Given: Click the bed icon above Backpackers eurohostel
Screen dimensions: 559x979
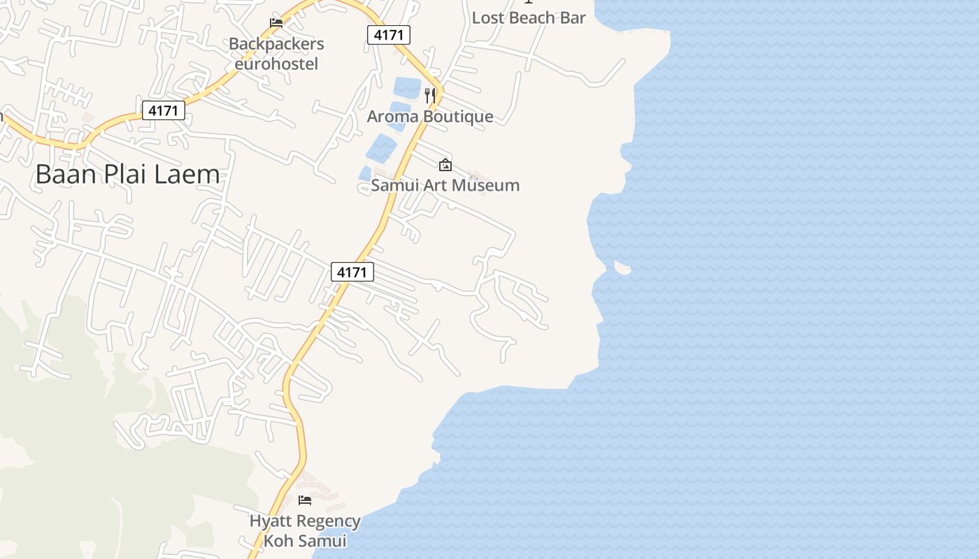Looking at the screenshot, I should [x=276, y=23].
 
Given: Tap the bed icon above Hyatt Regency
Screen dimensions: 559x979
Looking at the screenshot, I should [x=305, y=500].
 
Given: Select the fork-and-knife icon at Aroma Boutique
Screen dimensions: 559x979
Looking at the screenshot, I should [x=431, y=95].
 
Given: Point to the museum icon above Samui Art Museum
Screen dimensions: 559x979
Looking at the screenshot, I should [x=445, y=165].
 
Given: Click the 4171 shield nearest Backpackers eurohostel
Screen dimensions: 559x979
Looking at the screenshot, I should [x=389, y=35].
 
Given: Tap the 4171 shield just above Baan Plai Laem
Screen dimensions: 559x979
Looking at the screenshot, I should [x=164, y=110].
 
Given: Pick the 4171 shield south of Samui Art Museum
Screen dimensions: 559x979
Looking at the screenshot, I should [x=352, y=272].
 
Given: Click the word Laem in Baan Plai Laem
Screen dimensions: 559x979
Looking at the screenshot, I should [x=187, y=174].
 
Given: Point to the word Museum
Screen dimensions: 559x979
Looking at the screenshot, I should [x=483, y=185].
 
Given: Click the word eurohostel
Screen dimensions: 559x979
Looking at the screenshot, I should [x=276, y=64].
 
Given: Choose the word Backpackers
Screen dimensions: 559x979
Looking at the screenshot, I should [x=276, y=44].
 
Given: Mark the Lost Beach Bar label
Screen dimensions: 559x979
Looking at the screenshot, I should [x=529, y=18].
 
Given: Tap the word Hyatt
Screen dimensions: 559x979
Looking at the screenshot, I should [x=270, y=521].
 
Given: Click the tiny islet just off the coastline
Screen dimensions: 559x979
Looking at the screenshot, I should [x=622, y=267].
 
